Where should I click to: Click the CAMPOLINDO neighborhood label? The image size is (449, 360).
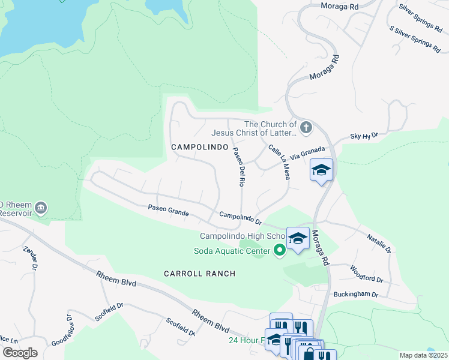(199, 147)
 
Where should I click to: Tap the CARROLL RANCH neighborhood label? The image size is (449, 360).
(200, 274)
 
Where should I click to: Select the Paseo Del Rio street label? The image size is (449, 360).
(238, 167)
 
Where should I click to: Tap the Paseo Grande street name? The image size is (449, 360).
(169, 210)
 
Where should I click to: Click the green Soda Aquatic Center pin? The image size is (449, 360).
(279, 251)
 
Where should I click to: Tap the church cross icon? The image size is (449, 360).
(306, 127)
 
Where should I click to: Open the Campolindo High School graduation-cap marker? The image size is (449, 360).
(297, 239)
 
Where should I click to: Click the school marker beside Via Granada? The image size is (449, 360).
(321, 170)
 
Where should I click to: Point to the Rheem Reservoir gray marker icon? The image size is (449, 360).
(41, 208)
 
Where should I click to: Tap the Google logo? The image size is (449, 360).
(19, 353)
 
